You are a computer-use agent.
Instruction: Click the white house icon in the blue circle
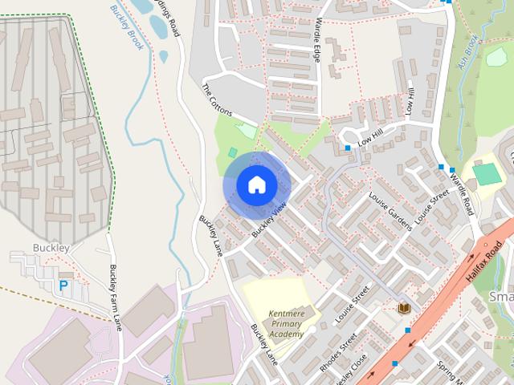pos(256,184)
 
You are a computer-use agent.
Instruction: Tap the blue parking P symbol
pos(63,286)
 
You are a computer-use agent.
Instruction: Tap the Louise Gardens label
pos(390,210)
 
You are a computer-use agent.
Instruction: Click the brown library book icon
pos(405,308)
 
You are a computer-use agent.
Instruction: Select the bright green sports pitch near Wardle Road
pos(485,173)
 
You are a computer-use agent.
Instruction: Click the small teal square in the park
pos(233,152)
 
